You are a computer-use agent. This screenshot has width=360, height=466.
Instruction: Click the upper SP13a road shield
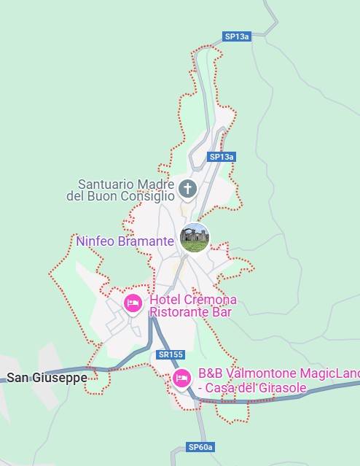coord(237,36)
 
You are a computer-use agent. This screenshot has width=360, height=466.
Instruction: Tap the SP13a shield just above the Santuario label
coord(222,157)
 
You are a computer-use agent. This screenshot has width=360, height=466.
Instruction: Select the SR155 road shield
coord(170,354)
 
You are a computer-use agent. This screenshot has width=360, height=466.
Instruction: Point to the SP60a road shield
coord(200,447)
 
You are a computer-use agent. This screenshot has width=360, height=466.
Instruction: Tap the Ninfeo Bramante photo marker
coord(195,238)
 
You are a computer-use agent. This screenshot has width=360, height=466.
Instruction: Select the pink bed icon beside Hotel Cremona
coord(133,303)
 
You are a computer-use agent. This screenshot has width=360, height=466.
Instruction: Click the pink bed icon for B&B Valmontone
coord(181,378)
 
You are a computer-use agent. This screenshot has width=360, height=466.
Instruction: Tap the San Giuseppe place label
coord(47,378)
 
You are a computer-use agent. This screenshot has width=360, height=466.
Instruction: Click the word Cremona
coord(209,300)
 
